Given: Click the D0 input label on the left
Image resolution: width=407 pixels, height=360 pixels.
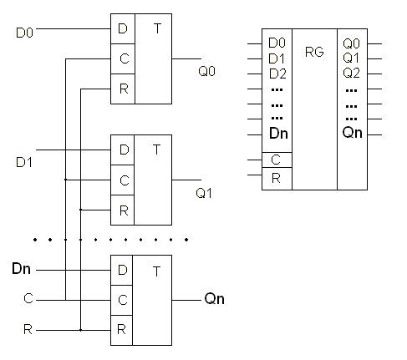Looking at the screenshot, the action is pyautogui.click(x=24, y=33).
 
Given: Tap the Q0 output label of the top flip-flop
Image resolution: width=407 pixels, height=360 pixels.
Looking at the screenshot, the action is pyautogui.click(x=206, y=71).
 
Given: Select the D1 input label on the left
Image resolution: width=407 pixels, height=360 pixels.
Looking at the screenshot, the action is pyautogui.click(x=24, y=162).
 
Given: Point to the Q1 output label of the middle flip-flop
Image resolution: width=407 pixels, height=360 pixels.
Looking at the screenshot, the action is pyautogui.click(x=204, y=193).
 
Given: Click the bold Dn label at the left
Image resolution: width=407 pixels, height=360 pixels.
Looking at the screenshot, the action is pyautogui.click(x=21, y=269).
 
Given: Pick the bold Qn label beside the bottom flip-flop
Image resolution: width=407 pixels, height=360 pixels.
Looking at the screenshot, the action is pyautogui.click(x=214, y=299).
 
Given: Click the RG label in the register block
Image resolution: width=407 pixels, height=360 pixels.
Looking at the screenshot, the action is pyautogui.click(x=314, y=52).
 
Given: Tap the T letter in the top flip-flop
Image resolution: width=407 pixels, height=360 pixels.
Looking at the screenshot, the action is pyautogui.click(x=157, y=28).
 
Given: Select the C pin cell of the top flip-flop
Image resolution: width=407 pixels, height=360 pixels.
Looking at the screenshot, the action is pyautogui.click(x=123, y=58).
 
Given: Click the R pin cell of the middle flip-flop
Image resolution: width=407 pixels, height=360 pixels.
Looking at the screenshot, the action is pyautogui.click(x=123, y=210).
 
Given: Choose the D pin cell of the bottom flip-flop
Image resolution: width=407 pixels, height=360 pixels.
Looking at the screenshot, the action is pyautogui.click(x=122, y=270).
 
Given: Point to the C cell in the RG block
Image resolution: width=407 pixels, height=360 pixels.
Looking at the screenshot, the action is pyautogui.click(x=277, y=160).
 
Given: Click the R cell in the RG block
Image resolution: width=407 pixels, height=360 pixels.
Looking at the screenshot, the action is pyautogui.click(x=277, y=179).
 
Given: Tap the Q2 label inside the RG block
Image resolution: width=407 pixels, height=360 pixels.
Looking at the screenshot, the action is pyautogui.click(x=351, y=73).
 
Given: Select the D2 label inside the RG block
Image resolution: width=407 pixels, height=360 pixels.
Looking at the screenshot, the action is pyautogui.click(x=277, y=74).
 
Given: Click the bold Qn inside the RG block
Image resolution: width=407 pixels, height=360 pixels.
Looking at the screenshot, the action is pyautogui.click(x=353, y=132).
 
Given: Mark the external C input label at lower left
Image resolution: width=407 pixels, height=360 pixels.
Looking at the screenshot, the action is pyautogui.click(x=28, y=298).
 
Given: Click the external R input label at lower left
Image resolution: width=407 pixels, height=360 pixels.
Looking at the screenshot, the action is pyautogui.click(x=28, y=330).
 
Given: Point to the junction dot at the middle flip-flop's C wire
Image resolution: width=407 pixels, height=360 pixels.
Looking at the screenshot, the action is pyautogui.click(x=65, y=180).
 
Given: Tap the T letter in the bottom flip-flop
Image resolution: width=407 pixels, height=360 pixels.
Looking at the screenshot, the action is pyautogui.click(x=157, y=271).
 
